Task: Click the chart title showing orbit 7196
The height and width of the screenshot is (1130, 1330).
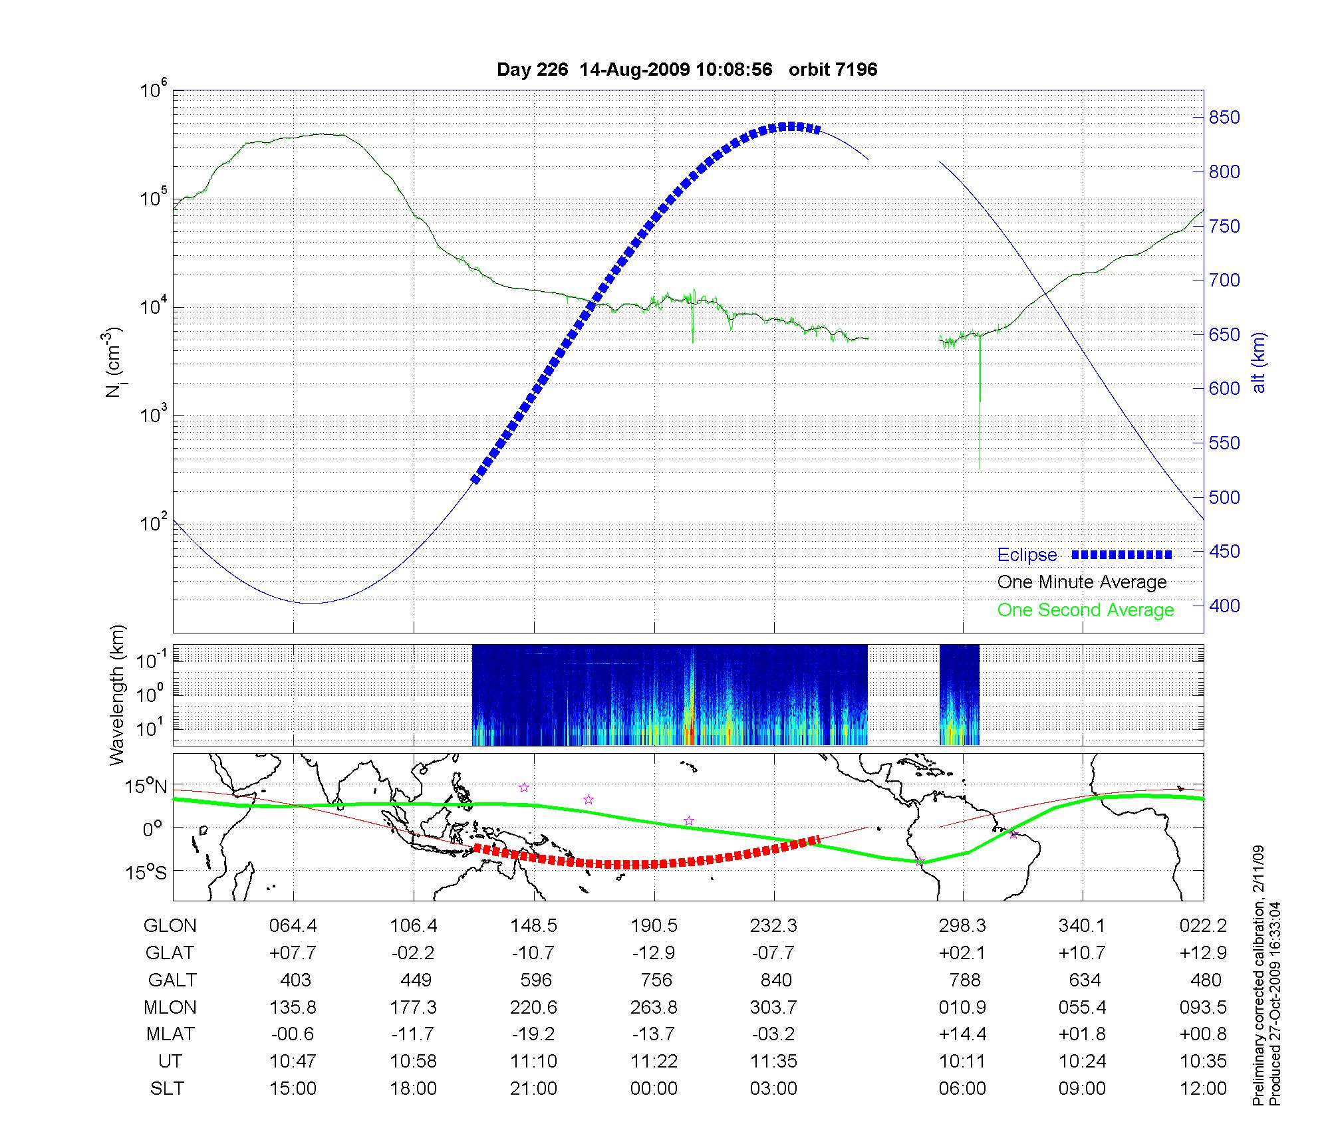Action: tap(687, 70)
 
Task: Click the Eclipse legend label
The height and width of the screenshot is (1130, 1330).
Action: tap(1027, 555)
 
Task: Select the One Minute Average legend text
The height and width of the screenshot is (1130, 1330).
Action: tap(1082, 582)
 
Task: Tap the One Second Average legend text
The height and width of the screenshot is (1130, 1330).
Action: tap(1085, 610)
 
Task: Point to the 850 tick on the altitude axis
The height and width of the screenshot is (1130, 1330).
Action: tap(1224, 118)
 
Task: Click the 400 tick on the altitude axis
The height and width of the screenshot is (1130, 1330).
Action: tap(1224, 606)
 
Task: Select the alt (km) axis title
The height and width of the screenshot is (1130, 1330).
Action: tap(1259, 362)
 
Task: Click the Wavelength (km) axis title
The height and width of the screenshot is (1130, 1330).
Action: tap(117, 695)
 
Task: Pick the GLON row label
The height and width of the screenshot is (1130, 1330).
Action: tap(170, 926)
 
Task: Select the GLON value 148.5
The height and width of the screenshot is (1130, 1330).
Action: tap(533, 926)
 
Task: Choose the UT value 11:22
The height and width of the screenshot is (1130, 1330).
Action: tap(654, 1062)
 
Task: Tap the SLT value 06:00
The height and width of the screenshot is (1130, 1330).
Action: tap(962, 1089)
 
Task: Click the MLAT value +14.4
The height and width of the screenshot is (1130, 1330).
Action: tap(962, 1034)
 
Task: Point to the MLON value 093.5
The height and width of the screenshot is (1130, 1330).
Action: tap(1203, 1008)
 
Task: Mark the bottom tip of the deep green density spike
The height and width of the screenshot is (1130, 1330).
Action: tap(980, 469)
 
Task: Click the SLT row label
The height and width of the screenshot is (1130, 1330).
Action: tap(167, 1089)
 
